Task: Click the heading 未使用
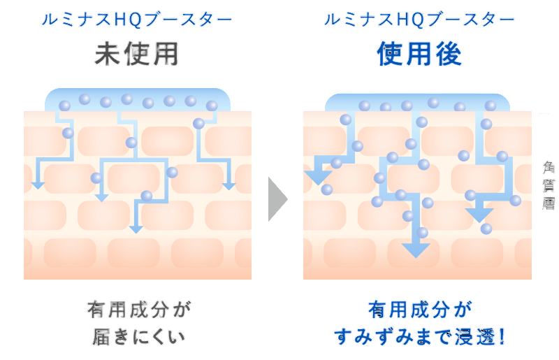coord(137,54)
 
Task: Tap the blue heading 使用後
coord(419,54)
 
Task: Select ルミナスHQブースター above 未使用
coord(137,20)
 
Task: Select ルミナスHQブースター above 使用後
coord(419,20)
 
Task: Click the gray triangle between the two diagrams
coord(277,199)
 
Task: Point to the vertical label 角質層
coord(549,185)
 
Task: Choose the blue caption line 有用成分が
coord(419,308)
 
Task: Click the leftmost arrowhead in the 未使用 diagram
coord(38,185)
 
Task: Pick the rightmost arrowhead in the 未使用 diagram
coord(228,185)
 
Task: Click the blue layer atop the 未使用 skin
coord(138,100)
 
